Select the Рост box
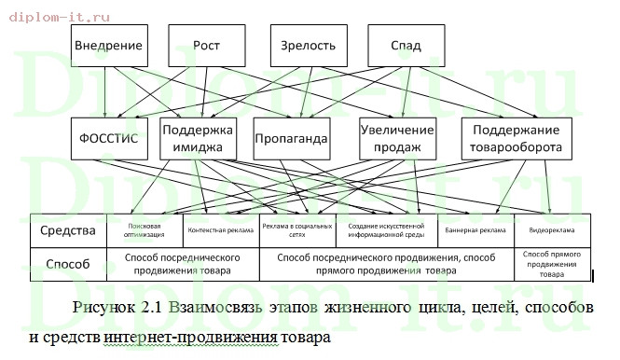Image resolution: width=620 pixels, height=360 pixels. point(206,46)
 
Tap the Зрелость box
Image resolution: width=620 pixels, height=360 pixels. point(309,46)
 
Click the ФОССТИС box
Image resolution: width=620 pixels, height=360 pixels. point(110,139)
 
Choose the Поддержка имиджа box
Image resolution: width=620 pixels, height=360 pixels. point(198,139)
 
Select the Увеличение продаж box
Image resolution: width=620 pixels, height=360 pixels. point(398,139)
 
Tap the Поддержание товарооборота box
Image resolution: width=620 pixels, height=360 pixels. point(516,139)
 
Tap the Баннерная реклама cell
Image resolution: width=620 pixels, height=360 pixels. point(475,229)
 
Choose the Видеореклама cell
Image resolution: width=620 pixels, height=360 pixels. point(551,229)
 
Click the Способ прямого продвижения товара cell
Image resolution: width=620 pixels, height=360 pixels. point(551,264)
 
